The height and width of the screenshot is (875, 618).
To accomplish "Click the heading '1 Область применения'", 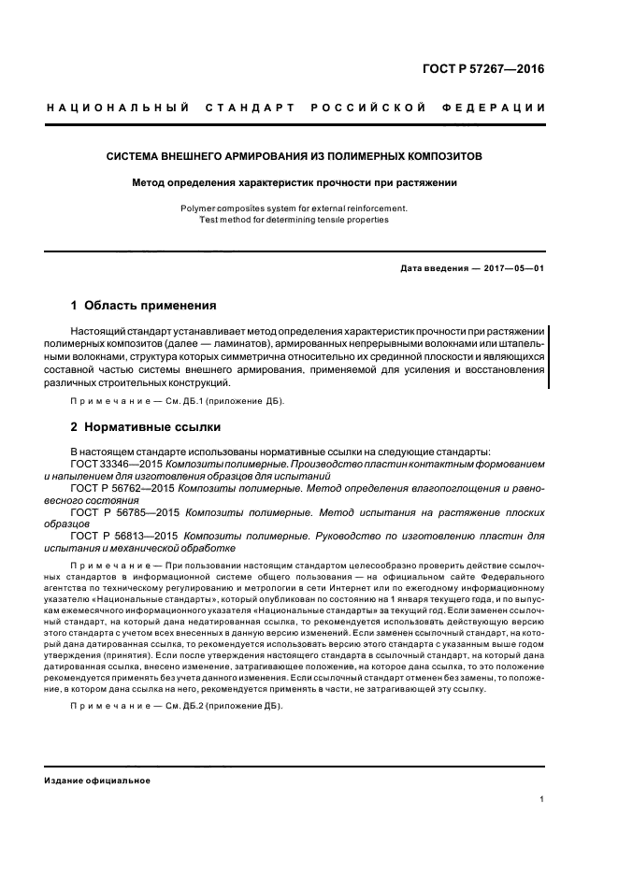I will [144, 306].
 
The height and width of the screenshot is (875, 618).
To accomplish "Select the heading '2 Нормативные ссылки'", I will [145, 427].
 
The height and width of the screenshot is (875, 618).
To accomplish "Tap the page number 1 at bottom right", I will [542, 799].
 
